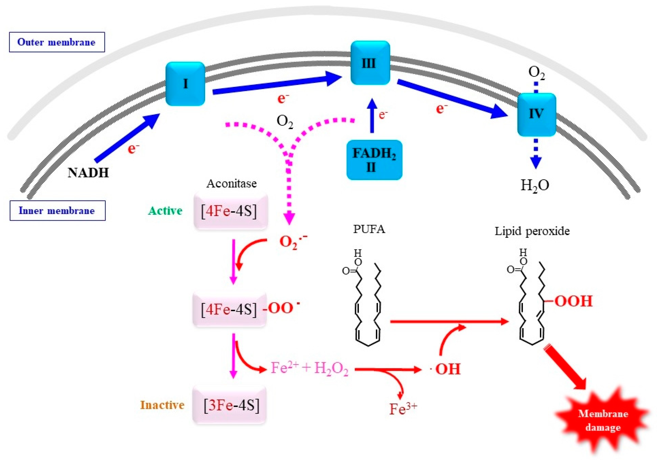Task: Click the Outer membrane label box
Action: tap(57, 42)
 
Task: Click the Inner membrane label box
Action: tap(57, 211)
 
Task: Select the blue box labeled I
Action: tap(185, 84)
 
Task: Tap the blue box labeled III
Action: tap(370, 63)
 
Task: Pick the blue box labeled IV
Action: tap(536, 114)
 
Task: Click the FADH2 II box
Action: tap(374, 160)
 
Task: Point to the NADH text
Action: tap(88, 173)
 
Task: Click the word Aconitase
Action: tap(231, 184)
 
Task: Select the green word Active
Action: tap(165, 211)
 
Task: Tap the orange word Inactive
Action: tap(162, 405)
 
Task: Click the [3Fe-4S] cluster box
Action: tap(229, 405)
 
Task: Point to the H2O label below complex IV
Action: tap(535, 185)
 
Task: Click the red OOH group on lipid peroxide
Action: tap(573, 301)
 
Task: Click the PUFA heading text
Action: tap(369, 229)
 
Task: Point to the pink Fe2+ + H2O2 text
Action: tap(309, 368)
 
